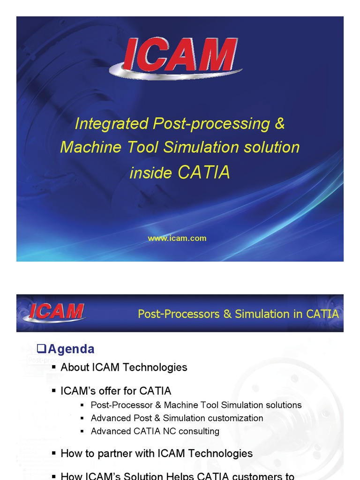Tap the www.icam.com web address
pos(177,238)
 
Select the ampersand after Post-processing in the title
pos(280,124)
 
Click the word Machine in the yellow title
pos(86,147)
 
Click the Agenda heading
pos(71,349)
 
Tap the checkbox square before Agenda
pos(41,348)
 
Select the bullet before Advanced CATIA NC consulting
pos(82,431)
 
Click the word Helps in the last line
pos(176,476)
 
